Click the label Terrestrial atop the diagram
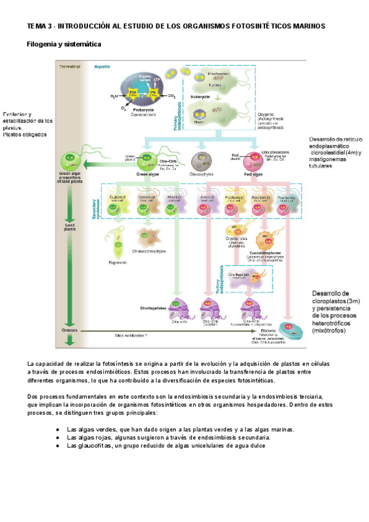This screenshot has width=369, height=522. [x=69, y=66]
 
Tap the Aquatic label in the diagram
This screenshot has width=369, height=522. [x=102, y=66]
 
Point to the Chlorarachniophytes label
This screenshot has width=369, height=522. [x=151, y=251]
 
